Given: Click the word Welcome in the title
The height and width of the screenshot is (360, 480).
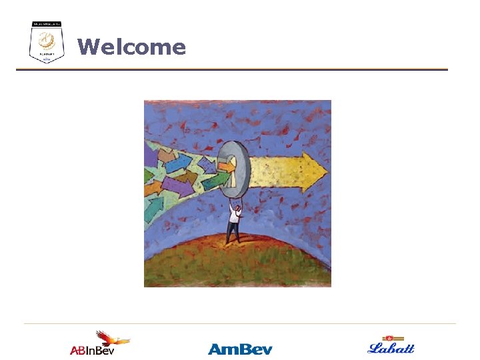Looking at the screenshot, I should click(131, 47).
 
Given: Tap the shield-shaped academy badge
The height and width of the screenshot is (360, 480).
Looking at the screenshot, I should click(47, 43).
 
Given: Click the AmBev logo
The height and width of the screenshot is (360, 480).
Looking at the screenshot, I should click(240, 349).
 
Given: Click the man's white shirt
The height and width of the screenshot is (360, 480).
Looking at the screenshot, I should click(234, 215).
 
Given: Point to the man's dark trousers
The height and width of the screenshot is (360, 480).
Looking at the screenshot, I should click(233, 232).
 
